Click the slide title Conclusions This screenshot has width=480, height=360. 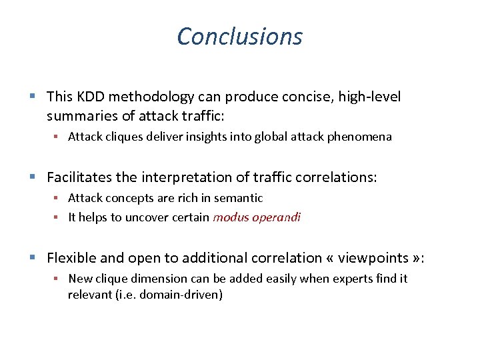[x=239, y=36]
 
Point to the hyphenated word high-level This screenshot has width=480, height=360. [x=370, y=97]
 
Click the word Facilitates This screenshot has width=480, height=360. [x=79, y=177]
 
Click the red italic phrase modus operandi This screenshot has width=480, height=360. [x=257, y=217]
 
